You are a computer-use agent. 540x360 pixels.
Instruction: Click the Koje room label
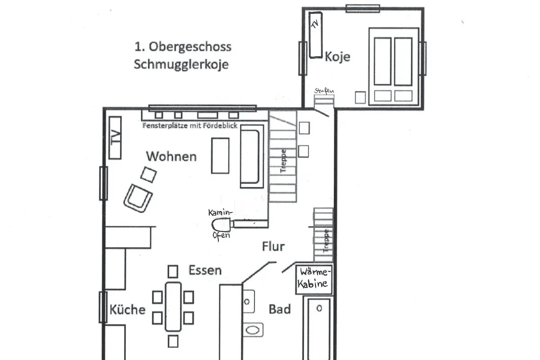click(x=337, y=57)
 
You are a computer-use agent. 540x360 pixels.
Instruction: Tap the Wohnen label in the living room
click(x=171, y=157)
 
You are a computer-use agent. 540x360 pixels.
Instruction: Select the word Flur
click(x=274, y=246)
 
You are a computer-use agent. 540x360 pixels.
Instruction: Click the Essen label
click(x=205, y=270)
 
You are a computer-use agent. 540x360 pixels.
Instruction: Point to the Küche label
click(x=127, y=309)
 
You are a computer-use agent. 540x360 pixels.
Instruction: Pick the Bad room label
click(x=279, y=309)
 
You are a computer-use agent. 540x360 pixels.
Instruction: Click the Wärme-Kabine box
click(x=314, y=279)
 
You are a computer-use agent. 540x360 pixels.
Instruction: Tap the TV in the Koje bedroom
click(x=315, y=35)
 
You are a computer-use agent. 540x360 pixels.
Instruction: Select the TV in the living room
click(x=115, y=138)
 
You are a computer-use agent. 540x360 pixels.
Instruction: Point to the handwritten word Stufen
click(x=324, y=91)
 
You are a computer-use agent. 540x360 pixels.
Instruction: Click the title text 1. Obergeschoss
click(x=183, y=47)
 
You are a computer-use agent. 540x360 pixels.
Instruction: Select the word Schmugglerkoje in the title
click(x=181, y=65)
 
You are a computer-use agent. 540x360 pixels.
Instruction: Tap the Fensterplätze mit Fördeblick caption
click(x=190, y=126)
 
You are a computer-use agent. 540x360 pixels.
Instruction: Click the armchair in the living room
click(x=138, y=198)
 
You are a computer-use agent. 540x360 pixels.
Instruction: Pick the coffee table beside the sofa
click(x=220, y=156)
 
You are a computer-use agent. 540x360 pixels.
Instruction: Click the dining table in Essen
click(x=173, y=307)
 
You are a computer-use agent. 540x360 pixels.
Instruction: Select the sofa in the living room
click(x=252, y=156)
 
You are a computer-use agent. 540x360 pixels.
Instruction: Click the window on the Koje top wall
click(x=363, y=9)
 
